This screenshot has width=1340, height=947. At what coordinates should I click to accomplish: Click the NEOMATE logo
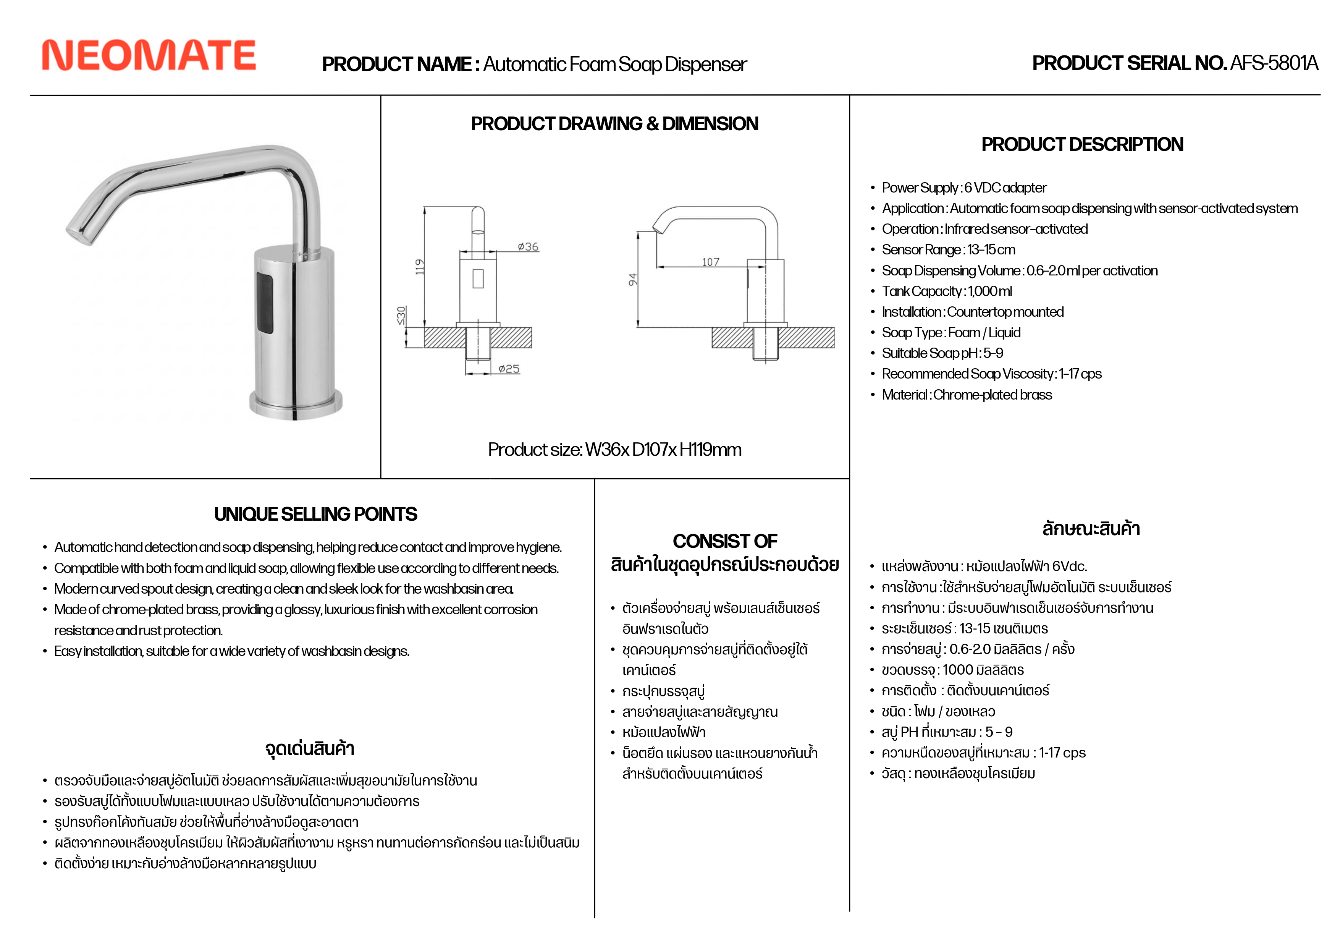click(149, 56)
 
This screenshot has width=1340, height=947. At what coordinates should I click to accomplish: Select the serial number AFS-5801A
click(1274, 63)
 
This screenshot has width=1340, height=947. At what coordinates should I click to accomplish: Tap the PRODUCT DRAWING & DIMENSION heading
click(614, 124)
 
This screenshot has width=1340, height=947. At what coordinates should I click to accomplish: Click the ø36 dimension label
click(528, 247)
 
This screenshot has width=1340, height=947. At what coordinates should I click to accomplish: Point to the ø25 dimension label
click(509, 369)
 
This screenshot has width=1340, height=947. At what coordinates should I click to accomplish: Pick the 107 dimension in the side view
click(710, 262)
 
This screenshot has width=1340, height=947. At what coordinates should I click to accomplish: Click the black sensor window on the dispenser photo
click(264, 303)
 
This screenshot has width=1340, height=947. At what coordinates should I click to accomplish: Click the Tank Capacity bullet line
click(947, 291)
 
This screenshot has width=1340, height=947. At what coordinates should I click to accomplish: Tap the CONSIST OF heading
click(725, 541)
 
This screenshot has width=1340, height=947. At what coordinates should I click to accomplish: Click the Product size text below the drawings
click(614, 450)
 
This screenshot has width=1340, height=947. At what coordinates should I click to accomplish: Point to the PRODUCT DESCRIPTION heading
click(1082, 145)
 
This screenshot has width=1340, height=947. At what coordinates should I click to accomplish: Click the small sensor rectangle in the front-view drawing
click(478, 278)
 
